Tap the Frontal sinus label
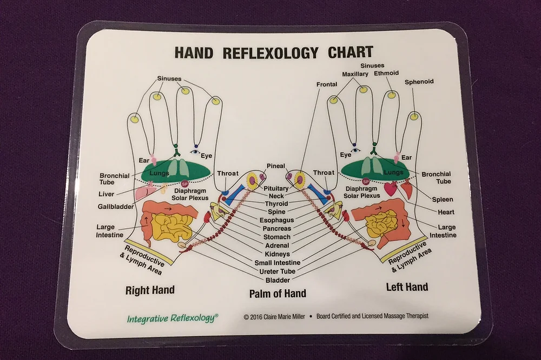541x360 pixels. point(327,84)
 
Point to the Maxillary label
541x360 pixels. point(355,74)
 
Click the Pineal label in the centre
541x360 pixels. point(275,165)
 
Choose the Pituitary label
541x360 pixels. point(276,188)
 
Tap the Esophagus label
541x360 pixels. point(276,221)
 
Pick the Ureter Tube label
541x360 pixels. point(276,271)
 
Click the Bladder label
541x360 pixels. point(276,280)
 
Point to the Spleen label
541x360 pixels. point(443,199)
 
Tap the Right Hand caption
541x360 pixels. point(150,290)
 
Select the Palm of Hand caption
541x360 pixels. point(278,294)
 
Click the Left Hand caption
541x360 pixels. point(406,287)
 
